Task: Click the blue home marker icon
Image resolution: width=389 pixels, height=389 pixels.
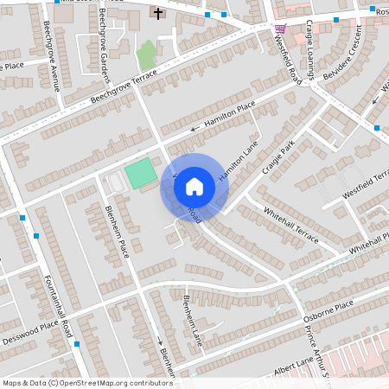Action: coord(194,186)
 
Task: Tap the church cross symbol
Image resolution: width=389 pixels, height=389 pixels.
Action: coord(158,13)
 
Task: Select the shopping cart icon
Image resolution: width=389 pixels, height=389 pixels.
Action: coord(280,28)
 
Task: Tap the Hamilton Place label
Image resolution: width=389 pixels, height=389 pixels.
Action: coord(229,117)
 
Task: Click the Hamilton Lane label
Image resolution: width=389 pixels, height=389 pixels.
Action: coord(233,161)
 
